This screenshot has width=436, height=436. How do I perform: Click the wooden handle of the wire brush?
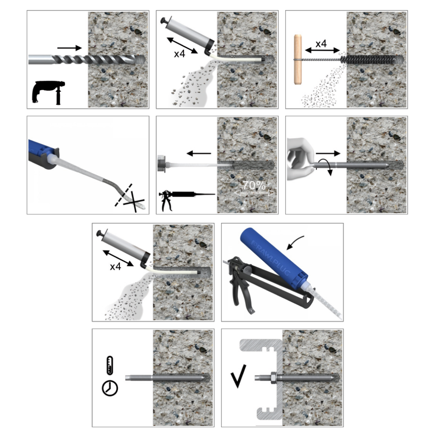[x=298, y=59]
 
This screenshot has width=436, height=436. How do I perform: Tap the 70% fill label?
[x=254, y=186]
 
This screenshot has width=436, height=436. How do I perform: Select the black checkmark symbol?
[x=238, y=376]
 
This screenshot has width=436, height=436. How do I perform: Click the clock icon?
[x=110, y=388]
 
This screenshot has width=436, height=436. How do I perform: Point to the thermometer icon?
[x=110, y=365]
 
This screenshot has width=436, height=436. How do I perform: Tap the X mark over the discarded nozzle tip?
[x=134, y=201]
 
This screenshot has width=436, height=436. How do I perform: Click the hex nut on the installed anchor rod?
[x=273, y=378]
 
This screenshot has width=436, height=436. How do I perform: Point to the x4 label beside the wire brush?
[x=321, y=44]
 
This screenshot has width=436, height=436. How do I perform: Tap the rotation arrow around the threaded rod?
[x=325, y=167]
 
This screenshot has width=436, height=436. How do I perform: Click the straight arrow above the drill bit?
[x=69, y=48]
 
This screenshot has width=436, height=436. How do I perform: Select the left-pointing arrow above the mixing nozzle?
[x=199, y=153]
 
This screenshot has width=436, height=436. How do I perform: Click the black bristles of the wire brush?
[x=369, y=59]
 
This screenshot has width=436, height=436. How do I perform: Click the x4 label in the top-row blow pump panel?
[x=179, y=54]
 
